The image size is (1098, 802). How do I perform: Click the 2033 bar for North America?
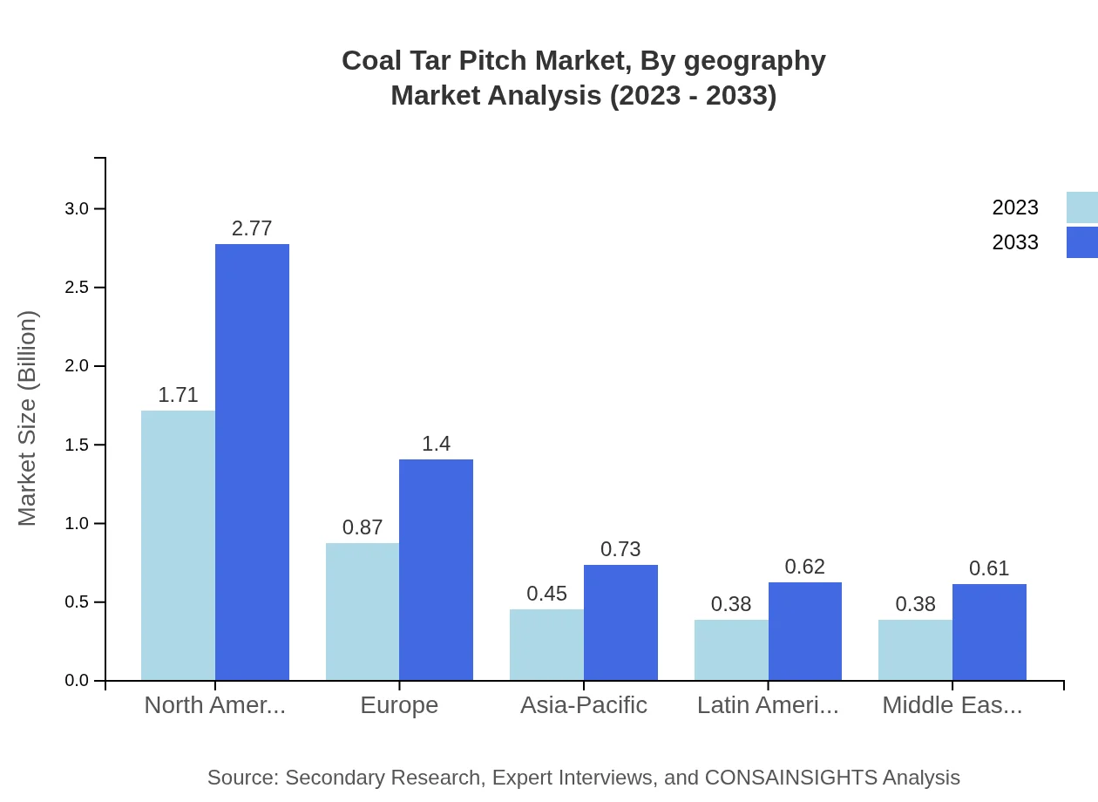click(x=252, y=462)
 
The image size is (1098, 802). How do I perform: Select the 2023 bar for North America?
click(x=178, y=545)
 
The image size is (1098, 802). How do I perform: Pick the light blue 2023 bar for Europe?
click(x=363, y=611)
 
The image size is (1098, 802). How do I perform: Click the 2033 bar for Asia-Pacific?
click(x=620, y=622)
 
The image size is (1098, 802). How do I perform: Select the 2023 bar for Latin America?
click(x=731, y=649)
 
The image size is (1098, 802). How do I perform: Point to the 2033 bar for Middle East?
click(x=989, y=632)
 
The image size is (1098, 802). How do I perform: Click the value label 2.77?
click(x=252, y=228)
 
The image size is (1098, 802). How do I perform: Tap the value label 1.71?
click(x=178, y=395)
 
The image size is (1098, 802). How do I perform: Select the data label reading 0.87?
click(x=363, y=527)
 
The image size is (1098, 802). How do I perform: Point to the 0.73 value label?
click(x=620, y=549)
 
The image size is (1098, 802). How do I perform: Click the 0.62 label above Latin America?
click(x=804, y=567)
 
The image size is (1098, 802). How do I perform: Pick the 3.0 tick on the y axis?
click(x=78, y=208)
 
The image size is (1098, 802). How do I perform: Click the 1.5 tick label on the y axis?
click(x=78, y=445)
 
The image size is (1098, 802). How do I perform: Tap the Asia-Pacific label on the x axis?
click(x=583, y=704)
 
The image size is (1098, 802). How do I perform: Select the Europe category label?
click(x=399, y=704)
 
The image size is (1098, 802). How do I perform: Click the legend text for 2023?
click(x=1015, y=207)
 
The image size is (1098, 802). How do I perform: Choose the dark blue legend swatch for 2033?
click(x=1081, y=242)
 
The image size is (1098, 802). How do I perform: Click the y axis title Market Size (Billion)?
click(x=28, y=418)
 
